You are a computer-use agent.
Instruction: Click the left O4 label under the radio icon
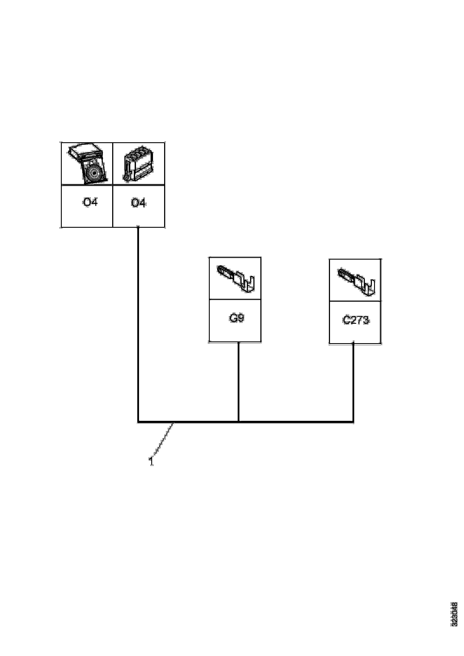click(x=90, y=202)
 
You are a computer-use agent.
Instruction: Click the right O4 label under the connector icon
click(x=138, y=203)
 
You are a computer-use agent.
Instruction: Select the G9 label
click(x=236, y=318)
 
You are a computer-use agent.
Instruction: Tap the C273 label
click(x=356, y=320)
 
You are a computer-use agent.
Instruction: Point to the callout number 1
click(x=151, y=461)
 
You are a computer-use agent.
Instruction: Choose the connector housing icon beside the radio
click(x=138, y=164)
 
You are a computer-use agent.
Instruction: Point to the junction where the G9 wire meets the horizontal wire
click(x=238, y=421)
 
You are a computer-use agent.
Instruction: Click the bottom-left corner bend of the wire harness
click(x=138, y=421)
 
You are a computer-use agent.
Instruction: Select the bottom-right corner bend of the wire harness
click(x=353, y=421)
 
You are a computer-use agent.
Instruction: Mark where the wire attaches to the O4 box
click(x=138, y=227)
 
